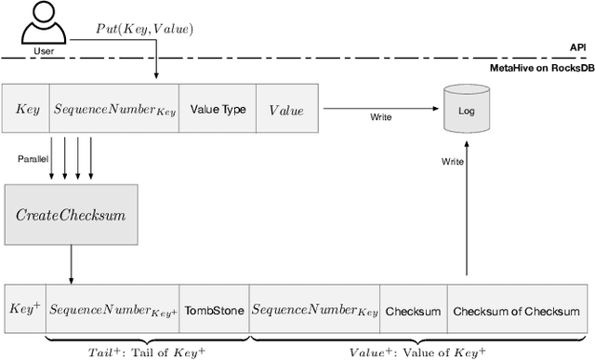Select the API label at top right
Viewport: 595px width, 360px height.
[x=577, y=47]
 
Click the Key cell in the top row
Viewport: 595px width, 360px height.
[x=27, y=110]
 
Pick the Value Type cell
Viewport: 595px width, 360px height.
[x=218, y=110]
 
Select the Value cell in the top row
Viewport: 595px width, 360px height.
[x=286, y=110]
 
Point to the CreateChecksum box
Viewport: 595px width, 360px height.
[x=71, y=215]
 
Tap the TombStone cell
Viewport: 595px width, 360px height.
[x=215, y=311]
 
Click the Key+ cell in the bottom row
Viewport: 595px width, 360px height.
[x=23, y=311]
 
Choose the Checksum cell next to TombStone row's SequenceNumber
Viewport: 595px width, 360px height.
[x=413, y=311]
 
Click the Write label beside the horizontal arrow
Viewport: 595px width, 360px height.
[x=380, y=118]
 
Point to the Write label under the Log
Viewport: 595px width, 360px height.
[x=452, y=162]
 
